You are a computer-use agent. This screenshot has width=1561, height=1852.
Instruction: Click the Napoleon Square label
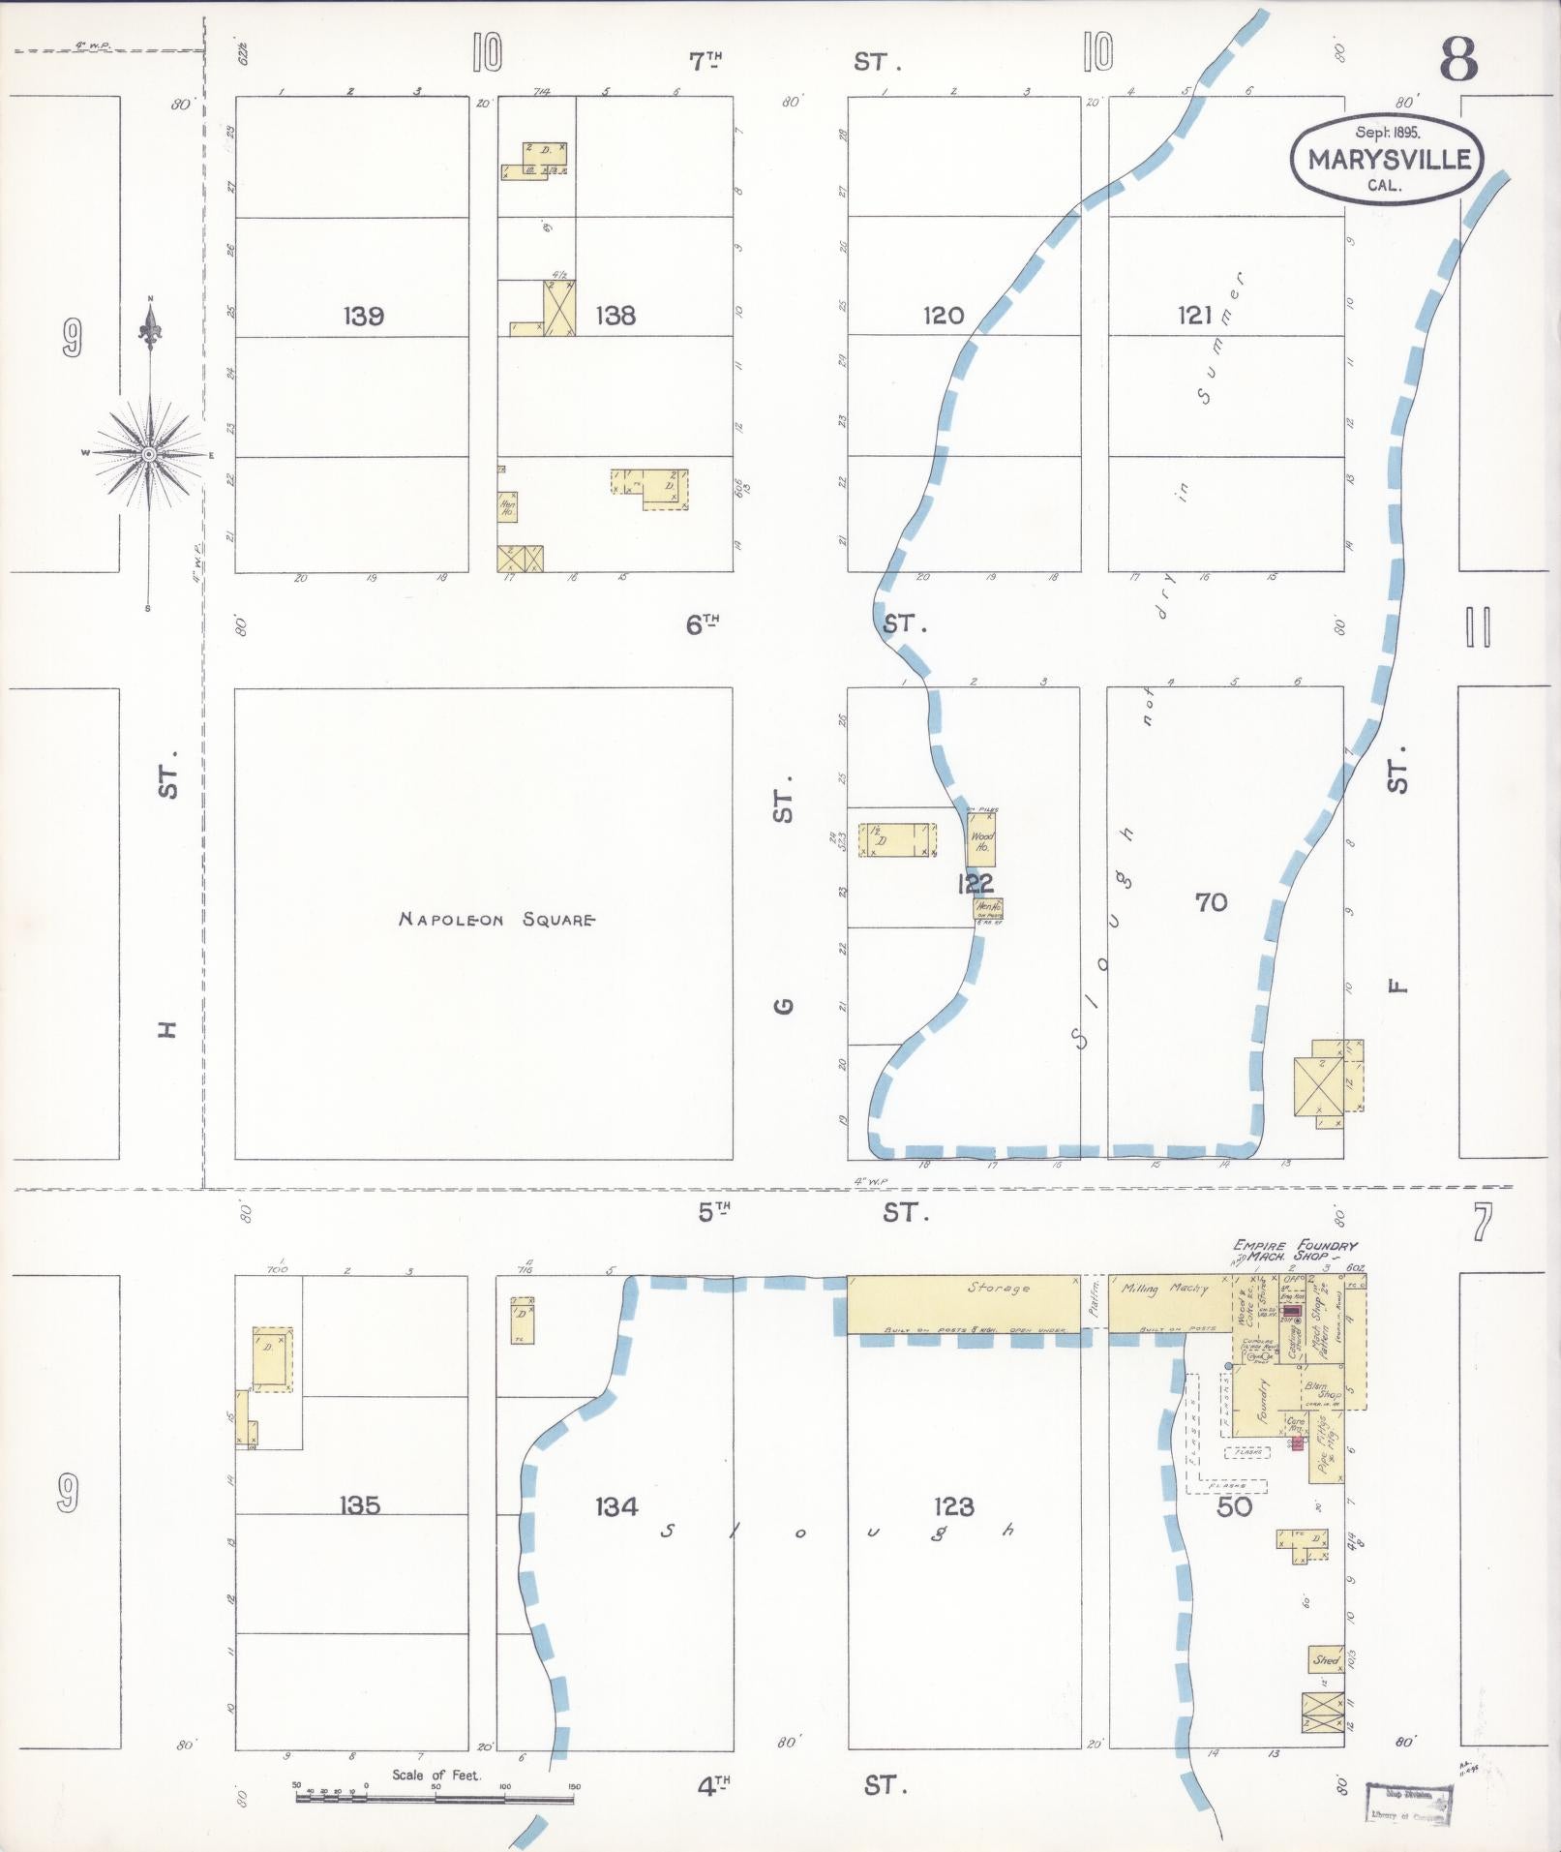pyautogui.click(x=496, y=919)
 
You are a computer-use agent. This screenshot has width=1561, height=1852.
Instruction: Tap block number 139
pyautogui.click(x=363, y=316)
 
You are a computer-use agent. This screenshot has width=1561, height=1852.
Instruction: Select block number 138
pyautogui.click(x=615, y=316)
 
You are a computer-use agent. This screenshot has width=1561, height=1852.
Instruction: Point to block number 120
pyautogui.click(x=943, y=315)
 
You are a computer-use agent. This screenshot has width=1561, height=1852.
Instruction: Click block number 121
pyautogui.click(x=1195, y=315)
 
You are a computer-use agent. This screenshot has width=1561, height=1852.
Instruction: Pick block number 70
pyautogui.click(x=1211, y=902)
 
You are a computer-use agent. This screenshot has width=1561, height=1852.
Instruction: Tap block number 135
pyautogui.click(x=359, y=1505)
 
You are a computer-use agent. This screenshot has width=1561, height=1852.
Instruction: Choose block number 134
pyautogui.click(x=616, y=1506)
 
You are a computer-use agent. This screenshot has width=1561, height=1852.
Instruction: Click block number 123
pyautogui.click(x=953, y=1506)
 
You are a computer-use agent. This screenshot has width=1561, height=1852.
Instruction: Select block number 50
pyautogui.click(x=1234, y=1506)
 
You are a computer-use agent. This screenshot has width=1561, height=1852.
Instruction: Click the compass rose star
pyautogui.click(x=149, y=453)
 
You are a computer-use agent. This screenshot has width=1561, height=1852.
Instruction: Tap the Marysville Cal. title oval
pyautogui.click(x=1386, y=160)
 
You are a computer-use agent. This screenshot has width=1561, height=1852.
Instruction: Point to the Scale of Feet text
pyautogui.click(x=435, y=1775)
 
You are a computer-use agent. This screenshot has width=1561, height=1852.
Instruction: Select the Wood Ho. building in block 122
pyautogui.click(x=981, y=838)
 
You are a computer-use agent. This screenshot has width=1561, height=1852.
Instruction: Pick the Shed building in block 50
pyautogui.click(x=1325, y=1660)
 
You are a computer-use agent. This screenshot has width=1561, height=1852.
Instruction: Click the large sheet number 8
pyautogui.click(x=1457, y=60)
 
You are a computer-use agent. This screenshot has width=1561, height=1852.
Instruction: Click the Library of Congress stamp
pyautogui.click(x=1409, y=1804)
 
